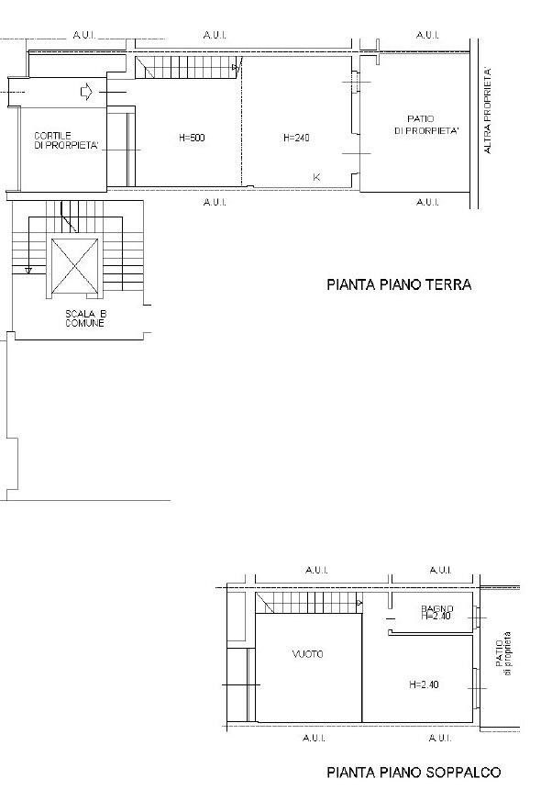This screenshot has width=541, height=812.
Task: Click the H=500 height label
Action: [x=192, y=138]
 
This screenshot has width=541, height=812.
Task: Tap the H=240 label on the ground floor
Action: [x=296, y=138]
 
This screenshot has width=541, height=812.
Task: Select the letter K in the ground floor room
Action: [x=317, y=177]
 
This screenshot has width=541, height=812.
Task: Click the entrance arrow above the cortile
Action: [x=86, y=92]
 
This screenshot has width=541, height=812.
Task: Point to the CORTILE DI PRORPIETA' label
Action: [x=66, y=141]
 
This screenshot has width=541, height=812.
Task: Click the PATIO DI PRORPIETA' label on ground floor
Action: [x=426, y=126]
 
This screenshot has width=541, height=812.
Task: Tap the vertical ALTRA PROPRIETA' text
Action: [x=487, y=110]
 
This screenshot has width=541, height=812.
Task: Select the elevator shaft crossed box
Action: [x=75, y=266]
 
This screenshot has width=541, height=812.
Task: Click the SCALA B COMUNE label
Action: [x=85, y=318]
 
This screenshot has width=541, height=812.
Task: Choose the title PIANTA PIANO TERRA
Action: [x=399, y=284]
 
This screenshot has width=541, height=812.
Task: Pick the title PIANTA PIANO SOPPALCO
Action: [x=414, y=773]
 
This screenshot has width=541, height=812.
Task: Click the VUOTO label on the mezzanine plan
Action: [x=307, y=654]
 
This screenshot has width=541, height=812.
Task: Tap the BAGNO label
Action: [x=437, y=609]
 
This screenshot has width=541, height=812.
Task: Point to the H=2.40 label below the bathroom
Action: [x=424, y=684]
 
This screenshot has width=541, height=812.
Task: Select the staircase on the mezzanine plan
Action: [x=309, y=604]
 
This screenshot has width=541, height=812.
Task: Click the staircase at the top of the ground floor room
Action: [x=187, y=67]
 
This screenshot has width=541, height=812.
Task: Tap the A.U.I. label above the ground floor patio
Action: [x=427, y=35]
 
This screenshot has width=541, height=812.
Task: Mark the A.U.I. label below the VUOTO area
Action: [x=314, y=738]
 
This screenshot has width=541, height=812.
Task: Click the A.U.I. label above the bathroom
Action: [x=440, y=570]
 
